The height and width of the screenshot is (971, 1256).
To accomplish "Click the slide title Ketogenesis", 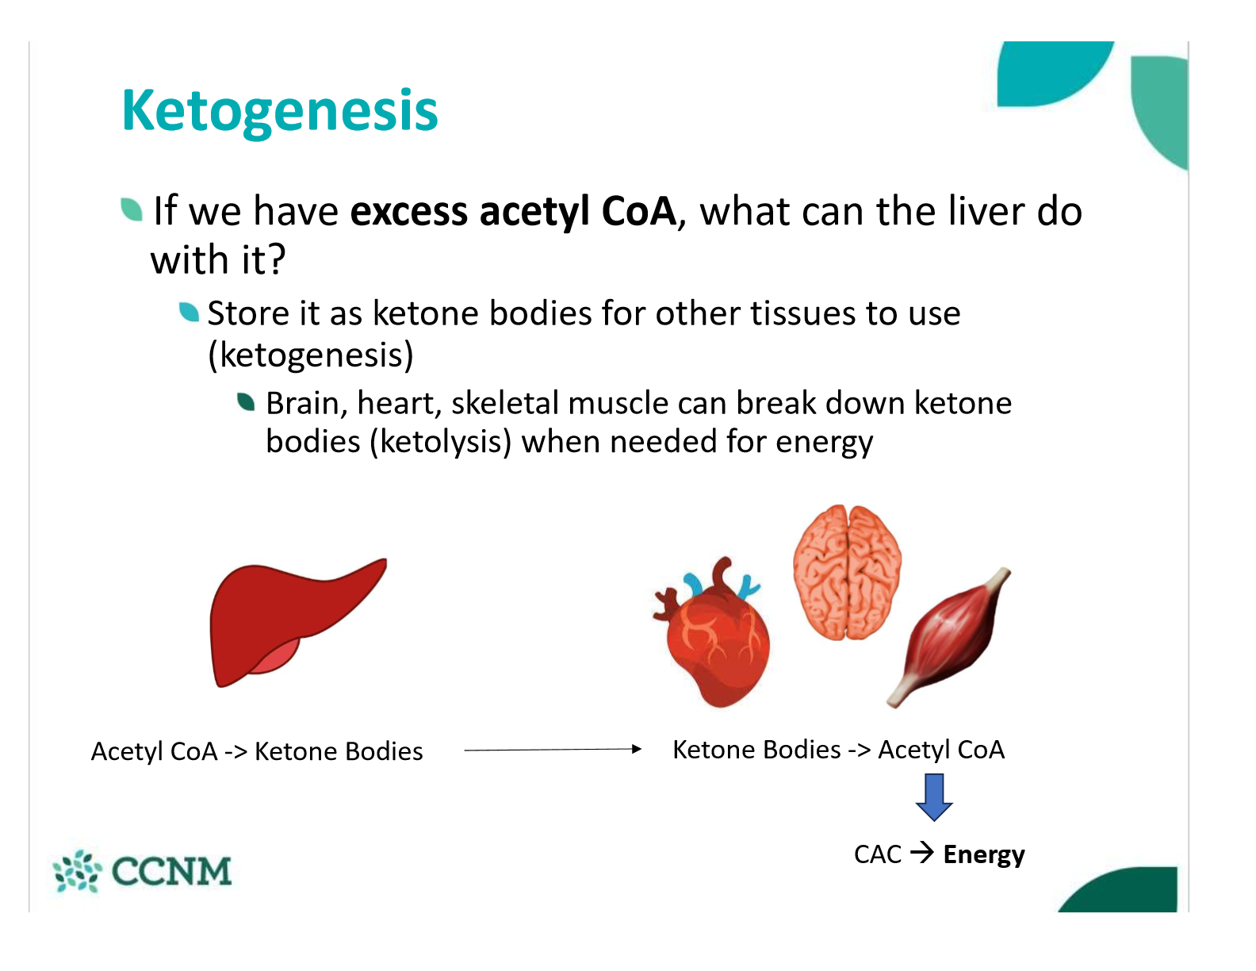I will (x=279, y=110).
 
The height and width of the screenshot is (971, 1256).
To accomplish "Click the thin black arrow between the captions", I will (x=552, y=749).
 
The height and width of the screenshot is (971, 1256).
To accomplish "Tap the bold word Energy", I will (x=983, y=854).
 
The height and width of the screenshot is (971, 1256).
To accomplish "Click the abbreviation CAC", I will (x=877, y=854).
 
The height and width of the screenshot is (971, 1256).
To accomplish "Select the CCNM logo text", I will (x=171, y=871).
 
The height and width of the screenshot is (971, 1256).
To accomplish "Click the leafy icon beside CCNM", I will (x=77, y=871).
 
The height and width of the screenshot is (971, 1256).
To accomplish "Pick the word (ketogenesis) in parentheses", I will (x=310, y=355).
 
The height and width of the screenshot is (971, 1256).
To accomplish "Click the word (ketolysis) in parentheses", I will (x=441, y=442).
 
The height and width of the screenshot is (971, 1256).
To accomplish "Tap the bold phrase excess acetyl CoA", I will (x=513, y=212).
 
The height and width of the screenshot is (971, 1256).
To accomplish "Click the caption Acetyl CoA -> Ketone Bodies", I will (x=257, y=751).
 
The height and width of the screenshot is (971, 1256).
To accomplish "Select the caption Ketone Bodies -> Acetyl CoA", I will (x=838, y=750).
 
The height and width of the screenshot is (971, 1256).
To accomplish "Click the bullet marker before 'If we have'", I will (x=132, y=209).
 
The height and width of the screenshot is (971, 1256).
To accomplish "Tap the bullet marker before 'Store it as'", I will (x=189, y=313).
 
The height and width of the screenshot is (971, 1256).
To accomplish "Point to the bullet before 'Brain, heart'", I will (x=247, y=402).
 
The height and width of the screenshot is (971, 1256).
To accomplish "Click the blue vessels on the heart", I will (x=694, y=585).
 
